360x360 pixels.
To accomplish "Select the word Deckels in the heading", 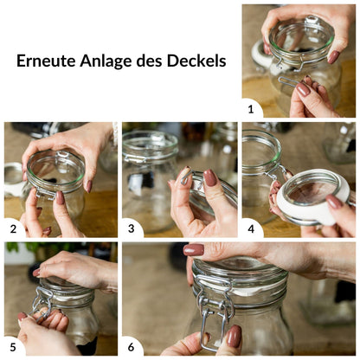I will coord(196,61).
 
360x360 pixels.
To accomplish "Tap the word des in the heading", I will coord(156,61).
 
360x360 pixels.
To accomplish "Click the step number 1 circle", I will coord(251,108).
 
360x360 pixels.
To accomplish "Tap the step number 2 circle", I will coord(14,228).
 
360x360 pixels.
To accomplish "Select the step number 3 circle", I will coord(132,228).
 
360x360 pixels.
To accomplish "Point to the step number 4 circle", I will coord(251,228).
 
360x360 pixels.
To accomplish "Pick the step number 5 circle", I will coord(14,347).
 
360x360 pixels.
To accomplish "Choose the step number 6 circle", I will coord(132,347).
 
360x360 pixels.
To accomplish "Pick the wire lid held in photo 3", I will coord(208,195).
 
